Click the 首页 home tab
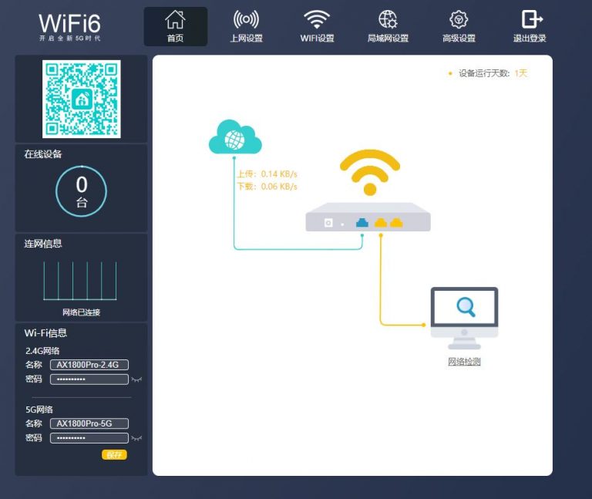[x=176, y=26]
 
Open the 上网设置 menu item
[x=246, y=26]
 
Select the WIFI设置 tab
[x=317, y=26]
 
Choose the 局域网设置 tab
[x=388, y=26]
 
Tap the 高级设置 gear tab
[x=459, y=26]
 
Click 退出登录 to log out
[x=530, y=26]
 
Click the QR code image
[x=82, y=99]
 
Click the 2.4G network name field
[x=89, y=365]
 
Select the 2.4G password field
[x=89, y=379]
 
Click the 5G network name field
[x=89, y=423]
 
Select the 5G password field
[x=89, y=438]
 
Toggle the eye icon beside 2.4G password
[x=136, y=379]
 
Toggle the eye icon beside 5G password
[x=136, y=438]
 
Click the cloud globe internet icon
[x=235, y=137]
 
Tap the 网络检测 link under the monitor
[x=464, y=362]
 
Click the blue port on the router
[x=362, y=222]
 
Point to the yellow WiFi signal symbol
[x=370, y=172]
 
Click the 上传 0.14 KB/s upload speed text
[x=267, y=174]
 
